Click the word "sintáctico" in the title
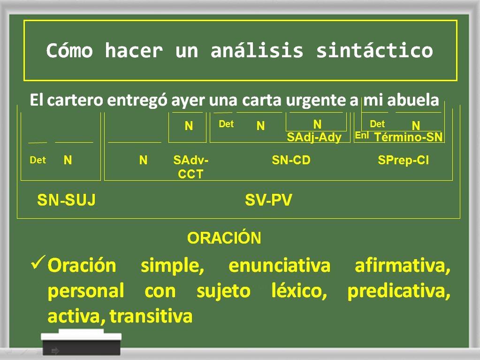pos(374,51)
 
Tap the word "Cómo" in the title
pos(69,51)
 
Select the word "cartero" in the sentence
pos(75,100)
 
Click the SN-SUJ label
pos(67,200)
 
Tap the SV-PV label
pos(268,200)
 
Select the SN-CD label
pos(291,160)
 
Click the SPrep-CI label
pos(403,160)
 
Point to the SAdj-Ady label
pos(314,137)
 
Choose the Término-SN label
pos(408,137)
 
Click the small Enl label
pos(362,135)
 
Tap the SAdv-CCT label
pos(190,167)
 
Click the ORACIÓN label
pos(224,238)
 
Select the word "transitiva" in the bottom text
pos(151,316)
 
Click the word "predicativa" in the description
pos(399,291)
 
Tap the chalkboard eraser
pos(81,342)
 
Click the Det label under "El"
pos(38,160)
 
